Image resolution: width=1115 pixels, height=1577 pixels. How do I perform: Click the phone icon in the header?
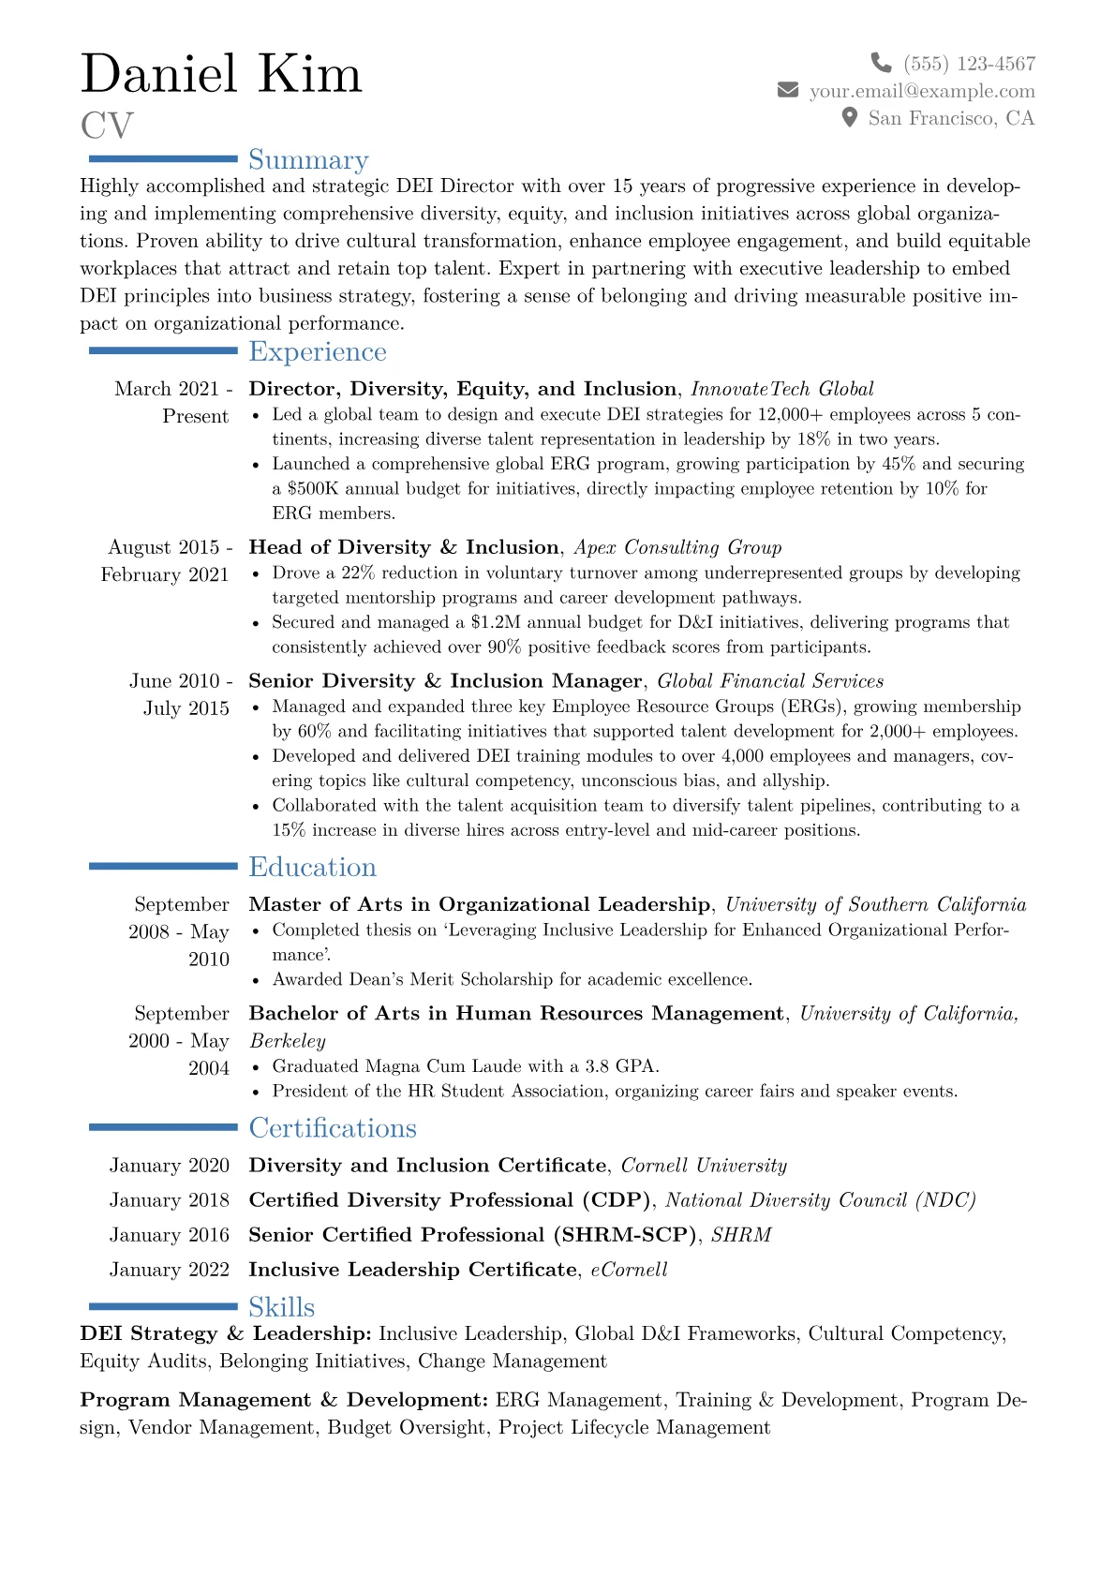click(881, 63)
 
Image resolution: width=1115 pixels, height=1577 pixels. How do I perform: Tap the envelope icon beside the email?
click(788, 90)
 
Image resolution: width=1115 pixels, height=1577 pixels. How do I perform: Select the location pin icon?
click(850, 117)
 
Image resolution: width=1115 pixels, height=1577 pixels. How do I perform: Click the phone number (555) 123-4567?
click(970, 64)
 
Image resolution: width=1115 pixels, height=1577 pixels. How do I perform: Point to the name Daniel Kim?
click(221, 74)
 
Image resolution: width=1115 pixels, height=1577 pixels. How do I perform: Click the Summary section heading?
click(308, 160)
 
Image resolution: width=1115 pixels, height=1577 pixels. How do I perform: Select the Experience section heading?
click(318, 352)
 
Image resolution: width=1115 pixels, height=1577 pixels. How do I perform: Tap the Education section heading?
click(312, 868)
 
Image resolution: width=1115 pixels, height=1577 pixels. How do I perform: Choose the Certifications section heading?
click(333, 1128)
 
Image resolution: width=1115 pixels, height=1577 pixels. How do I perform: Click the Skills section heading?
click(281, 1307)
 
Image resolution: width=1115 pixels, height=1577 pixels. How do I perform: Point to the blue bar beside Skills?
click(163, 1306)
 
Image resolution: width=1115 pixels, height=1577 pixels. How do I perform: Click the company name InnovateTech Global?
click(782, 389)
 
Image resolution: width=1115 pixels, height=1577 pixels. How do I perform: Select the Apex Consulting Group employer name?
click(677, 547)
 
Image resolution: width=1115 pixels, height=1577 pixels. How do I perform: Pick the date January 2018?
click(170, 1200)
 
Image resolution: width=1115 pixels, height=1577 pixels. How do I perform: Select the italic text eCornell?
click(629, 1270)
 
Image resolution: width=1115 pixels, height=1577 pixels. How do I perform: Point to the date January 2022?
click(170, 1270)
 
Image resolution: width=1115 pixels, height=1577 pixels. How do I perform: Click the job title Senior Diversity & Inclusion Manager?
click(445, 681)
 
